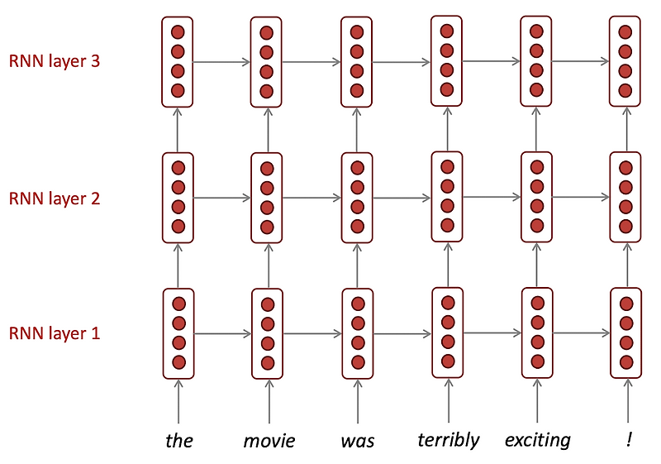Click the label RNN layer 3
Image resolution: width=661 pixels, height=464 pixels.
coord(55,61)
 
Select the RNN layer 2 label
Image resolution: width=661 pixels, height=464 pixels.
coord(55,199)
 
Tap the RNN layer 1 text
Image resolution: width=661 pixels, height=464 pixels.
coord(55,334)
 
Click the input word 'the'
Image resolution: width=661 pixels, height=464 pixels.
coord(178,440)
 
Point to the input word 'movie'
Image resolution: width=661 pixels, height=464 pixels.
coord(269,440)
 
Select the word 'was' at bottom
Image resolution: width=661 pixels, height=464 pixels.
coord(357,440)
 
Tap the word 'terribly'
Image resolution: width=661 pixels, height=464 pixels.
coord(448,439)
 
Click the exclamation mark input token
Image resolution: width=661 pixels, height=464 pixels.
coord(628,439)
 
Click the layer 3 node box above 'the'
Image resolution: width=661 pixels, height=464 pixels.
coord(178,62)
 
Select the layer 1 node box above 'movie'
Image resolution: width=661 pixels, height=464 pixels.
coord(267,333)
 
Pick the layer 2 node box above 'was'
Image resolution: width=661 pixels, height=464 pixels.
coord(357,198)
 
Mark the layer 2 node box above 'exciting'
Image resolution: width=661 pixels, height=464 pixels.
coord(536,197)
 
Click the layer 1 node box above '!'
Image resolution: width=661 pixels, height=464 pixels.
coord(625,332)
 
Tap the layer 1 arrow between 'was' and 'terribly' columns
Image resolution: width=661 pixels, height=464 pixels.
coord(402,333)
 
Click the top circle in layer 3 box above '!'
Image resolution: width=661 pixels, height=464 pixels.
coord(625,31)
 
